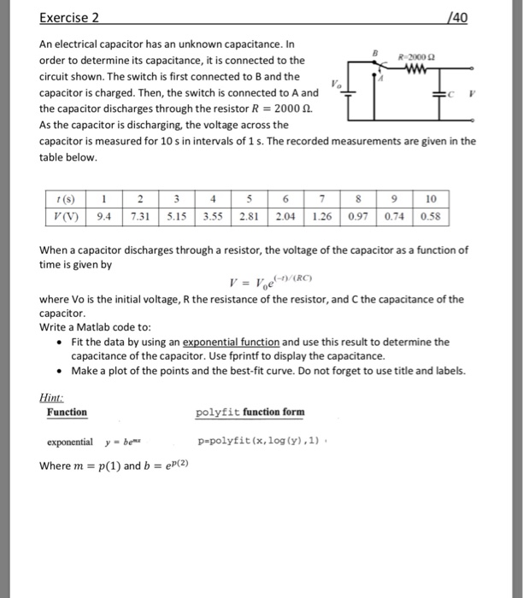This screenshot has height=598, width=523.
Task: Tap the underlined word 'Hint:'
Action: point(53,397)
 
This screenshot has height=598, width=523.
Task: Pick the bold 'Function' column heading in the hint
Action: point(67,413)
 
